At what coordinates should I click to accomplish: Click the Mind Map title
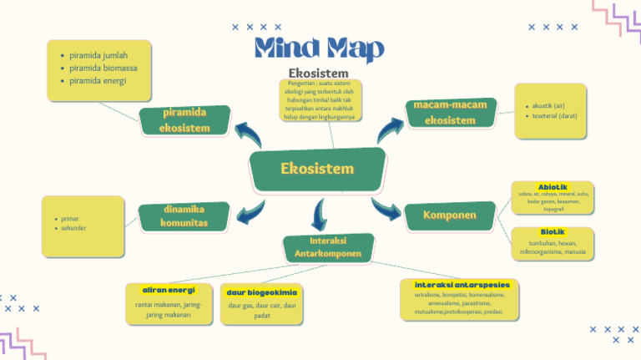tap(319, 48)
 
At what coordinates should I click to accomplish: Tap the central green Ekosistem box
tap(317, 169)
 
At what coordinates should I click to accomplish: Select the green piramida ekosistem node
tap(184, 119)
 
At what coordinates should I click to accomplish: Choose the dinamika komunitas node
tap(184, 216)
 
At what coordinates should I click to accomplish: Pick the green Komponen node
tap(449, 215)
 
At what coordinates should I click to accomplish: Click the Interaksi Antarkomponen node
tap(328, 247)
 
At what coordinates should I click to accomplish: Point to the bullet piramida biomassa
tap(103, 68)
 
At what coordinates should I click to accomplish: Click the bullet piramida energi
tap(98, 81)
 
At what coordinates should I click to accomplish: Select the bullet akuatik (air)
tap(548, 106)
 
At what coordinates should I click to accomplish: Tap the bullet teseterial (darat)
tap(554, 116)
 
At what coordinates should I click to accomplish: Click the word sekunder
tap(73, 227)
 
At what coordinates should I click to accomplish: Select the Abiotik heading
tap(553, 186)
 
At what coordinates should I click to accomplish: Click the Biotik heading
tap(553, 231)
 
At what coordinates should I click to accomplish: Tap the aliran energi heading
tap(169, 290)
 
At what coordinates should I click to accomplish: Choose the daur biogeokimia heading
tap(261, 292)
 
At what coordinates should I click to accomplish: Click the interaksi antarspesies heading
tap(462, 285)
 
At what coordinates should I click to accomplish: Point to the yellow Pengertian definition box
tap(320, 100)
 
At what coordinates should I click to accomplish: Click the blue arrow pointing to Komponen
tap(386, 209)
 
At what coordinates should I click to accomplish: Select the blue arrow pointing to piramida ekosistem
tap(248, 132)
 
